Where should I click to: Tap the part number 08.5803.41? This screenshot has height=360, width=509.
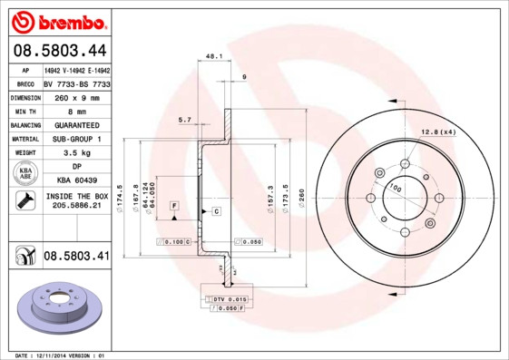[x=76, y=257]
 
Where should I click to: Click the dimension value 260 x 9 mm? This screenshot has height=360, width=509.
[x=76, y=96]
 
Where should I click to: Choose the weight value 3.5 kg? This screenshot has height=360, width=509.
[x=76, y=154]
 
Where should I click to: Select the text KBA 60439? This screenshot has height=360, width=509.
[x=76, y=181]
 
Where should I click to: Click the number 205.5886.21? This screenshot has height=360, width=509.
[x=76, y=207]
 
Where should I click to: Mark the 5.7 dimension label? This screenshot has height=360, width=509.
[x=185, y=120]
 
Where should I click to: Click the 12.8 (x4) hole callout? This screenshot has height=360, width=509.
[x=436, y=133]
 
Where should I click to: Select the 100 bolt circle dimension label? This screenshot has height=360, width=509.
[x=395, y=187]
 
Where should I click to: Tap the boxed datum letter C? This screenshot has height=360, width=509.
[x=217, y=211]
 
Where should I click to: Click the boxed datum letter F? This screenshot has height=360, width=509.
[x=172, y=207]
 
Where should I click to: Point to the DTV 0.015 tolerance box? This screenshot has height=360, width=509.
[x=228, y=298]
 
